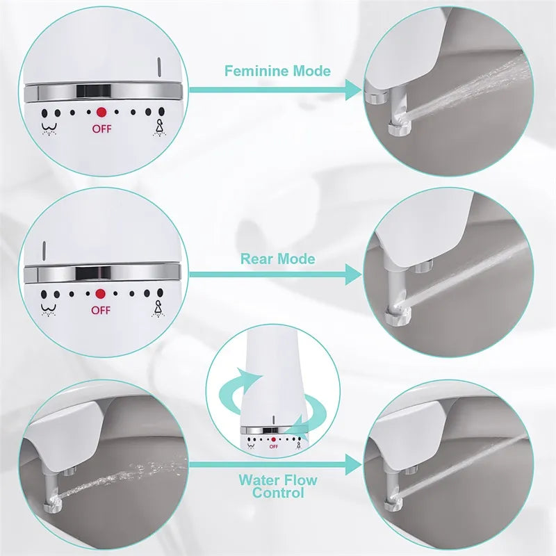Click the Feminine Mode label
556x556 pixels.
pos(277,71)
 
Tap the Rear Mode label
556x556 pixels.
pos(277,259)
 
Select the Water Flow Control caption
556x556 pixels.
pos(277,486)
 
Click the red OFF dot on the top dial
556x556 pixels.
pos(101,111)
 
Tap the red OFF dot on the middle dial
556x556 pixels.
pos(101,295)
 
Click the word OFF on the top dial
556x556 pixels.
pos(101,128)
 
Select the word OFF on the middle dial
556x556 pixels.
pos(101,311)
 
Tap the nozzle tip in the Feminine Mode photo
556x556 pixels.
pos(402,127)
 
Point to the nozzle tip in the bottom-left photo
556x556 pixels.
pos(51,498)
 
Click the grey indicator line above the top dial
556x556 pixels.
pos(158,67)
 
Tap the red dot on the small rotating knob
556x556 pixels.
pos(273,439)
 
